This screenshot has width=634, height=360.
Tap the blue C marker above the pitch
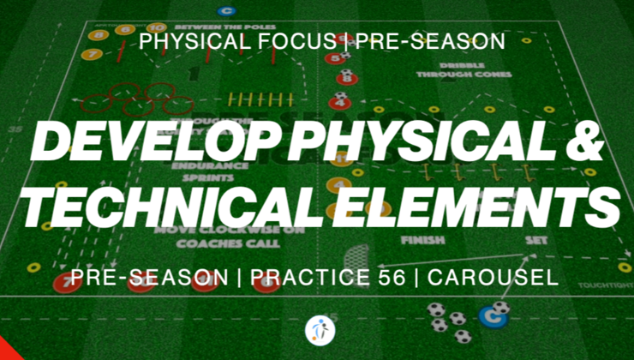coord(226,11)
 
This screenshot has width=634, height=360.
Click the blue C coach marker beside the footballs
coord(492,316)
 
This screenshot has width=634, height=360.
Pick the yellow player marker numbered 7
coord(93,54)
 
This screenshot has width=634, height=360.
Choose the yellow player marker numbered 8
coord(100,36)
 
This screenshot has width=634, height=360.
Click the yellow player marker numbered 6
coord(125,29)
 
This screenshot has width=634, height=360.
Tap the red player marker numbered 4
coord(342,103)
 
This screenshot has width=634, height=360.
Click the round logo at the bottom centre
coord(316,329)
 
